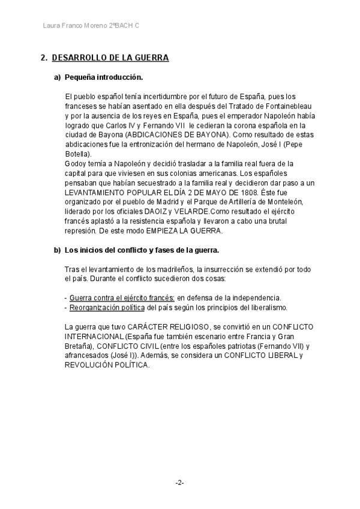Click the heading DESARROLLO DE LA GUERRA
pyautogui.click(x=110, y=58)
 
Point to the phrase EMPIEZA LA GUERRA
pyautogui.click(x=187, y=231)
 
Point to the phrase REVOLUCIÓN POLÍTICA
pyautogui.click(x=106, y=365)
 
